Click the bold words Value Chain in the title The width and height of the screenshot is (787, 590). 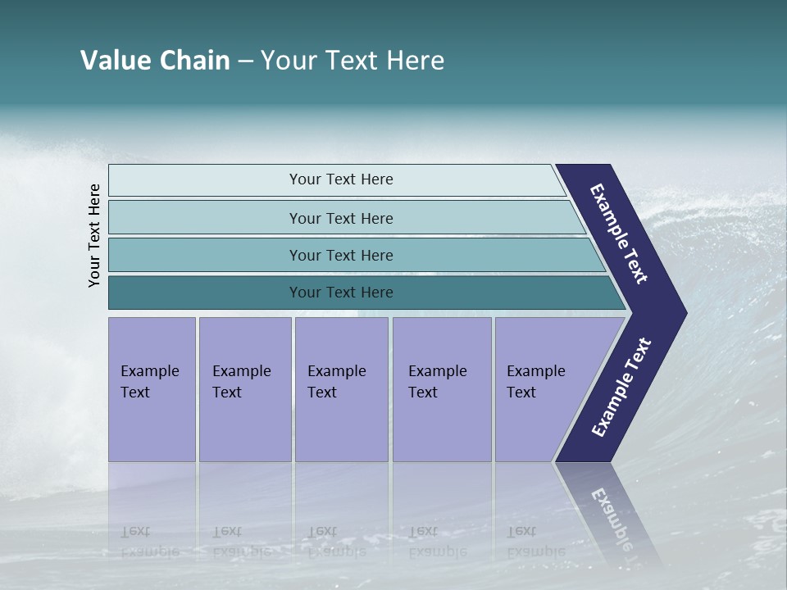tap(155, 61)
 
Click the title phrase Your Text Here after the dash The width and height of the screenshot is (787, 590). tap(352, 61)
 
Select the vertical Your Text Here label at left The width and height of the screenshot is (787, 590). tap(94, 236)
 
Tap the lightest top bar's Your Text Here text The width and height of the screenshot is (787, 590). tap(341, 179)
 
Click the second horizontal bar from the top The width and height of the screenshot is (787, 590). tap(341, 218)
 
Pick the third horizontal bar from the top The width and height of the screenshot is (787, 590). tap(341, 255)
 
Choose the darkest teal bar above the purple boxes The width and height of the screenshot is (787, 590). tap(341, 293)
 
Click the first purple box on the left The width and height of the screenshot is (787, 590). tap(152, 389)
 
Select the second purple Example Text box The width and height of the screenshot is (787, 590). tap(244, 389)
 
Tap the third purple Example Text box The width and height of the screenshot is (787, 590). tap(341, 389)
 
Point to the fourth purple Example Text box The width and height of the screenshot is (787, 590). tap(442, 389)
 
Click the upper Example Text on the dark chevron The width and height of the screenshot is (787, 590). tap(620, 234)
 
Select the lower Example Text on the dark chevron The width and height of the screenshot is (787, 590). tap(621, 388)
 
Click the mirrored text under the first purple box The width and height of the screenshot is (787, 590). tap(149, 541)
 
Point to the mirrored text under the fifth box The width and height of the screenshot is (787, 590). tap(535, 541)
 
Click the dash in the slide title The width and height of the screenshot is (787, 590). tap(245, 61)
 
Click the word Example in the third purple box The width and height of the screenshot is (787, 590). tap(336, 371)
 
